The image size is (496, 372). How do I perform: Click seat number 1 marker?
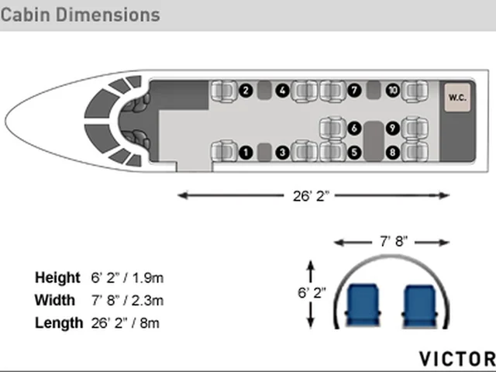246,153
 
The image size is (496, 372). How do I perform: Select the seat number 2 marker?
246,91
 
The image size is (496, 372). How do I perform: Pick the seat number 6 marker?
354,128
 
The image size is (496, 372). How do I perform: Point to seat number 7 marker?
354,91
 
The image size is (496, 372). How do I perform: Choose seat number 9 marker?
393,128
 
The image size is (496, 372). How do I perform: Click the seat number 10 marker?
393,91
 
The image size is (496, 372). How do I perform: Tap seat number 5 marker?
354,153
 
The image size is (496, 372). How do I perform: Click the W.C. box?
457,98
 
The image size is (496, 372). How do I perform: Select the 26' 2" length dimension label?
311,196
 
